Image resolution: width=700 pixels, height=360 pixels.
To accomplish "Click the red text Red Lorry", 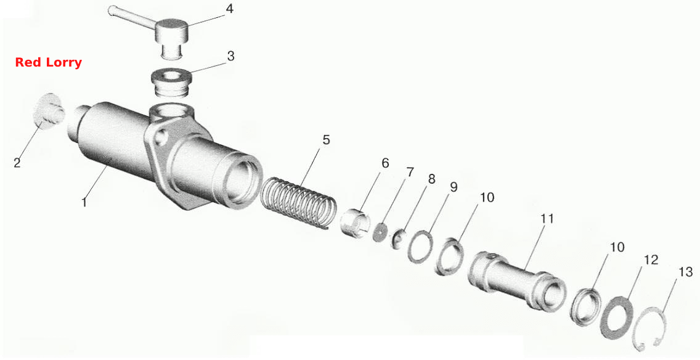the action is tap(48, 62).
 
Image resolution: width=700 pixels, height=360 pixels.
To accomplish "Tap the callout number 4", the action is tap(229, 9).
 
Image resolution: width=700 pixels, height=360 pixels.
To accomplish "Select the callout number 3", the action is tap(230, 56).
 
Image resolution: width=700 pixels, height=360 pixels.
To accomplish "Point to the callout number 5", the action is tap(327, 140).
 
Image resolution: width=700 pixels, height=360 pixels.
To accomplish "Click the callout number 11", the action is tap(547, 219).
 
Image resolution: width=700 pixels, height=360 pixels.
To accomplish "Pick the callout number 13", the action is tap(685, 271).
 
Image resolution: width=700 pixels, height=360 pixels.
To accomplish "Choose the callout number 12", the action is tap(651, 260).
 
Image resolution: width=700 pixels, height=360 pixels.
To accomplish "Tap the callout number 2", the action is tap(17, 163).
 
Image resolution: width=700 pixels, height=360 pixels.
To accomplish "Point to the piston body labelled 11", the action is tap(517, 279).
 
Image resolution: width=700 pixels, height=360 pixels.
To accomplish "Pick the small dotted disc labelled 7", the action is tap(380, 232).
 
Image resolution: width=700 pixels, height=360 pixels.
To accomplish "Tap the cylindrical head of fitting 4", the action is tap(171, 30).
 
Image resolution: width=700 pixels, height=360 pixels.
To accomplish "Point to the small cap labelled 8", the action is tap(399, 237).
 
